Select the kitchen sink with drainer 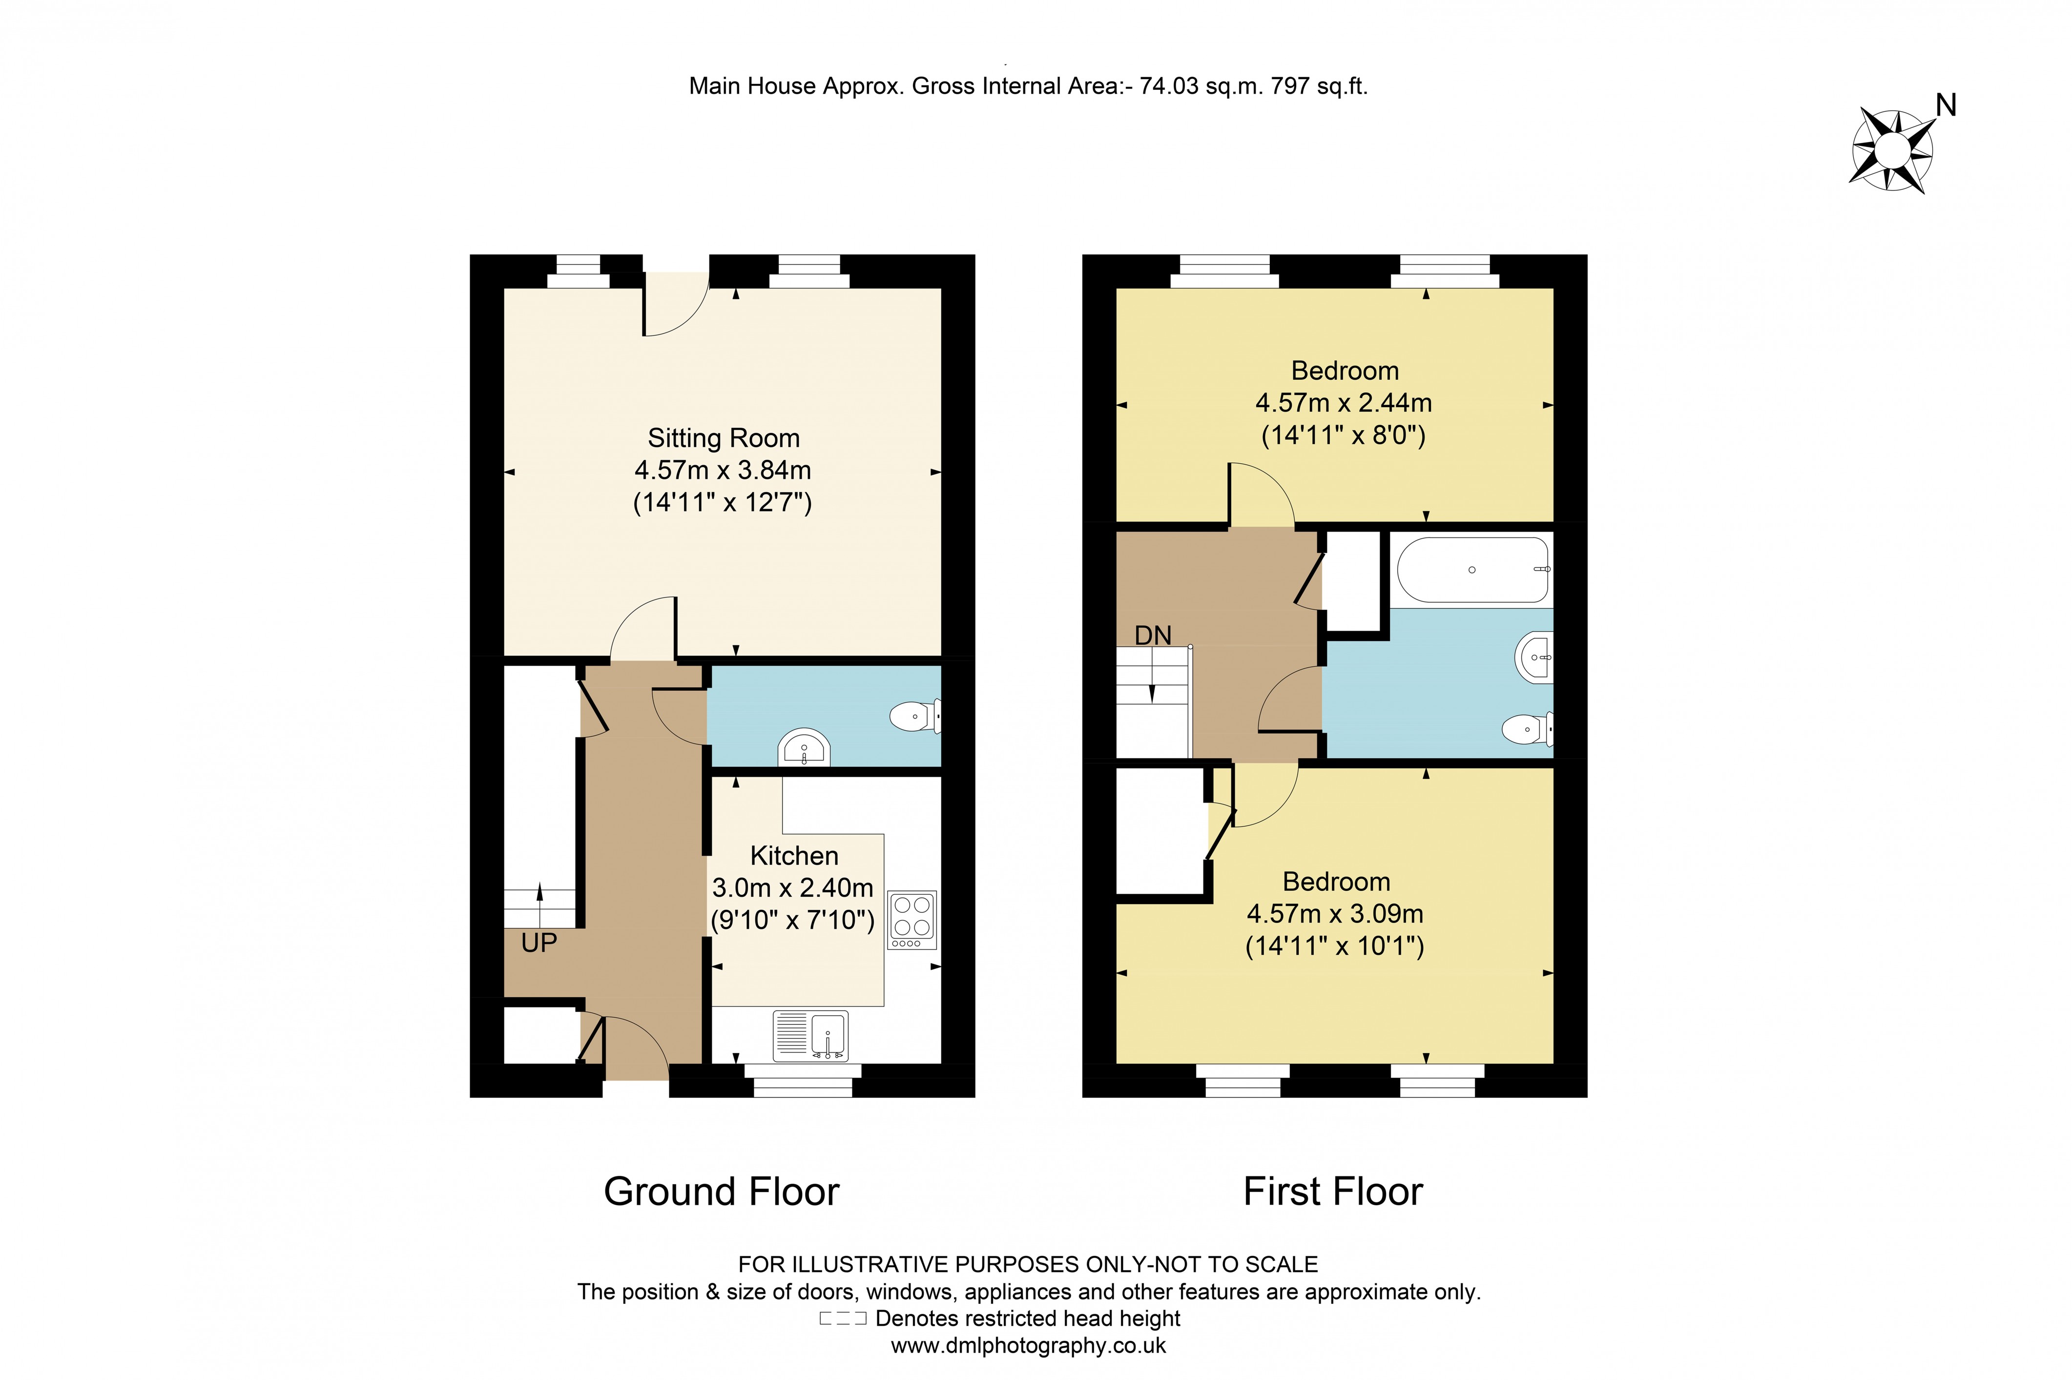(810, 1035)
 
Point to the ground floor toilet (915, 717)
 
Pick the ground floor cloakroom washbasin (804, 749)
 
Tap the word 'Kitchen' (794, 855)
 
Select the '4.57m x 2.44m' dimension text (1343, 403)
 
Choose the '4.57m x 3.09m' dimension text (1334, 913)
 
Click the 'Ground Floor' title (721, 1192)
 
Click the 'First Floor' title (1333, 1192)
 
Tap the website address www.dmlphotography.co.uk (1028, 1346)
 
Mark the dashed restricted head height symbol (842, 1318)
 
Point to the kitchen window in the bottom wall (803, 1082)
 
